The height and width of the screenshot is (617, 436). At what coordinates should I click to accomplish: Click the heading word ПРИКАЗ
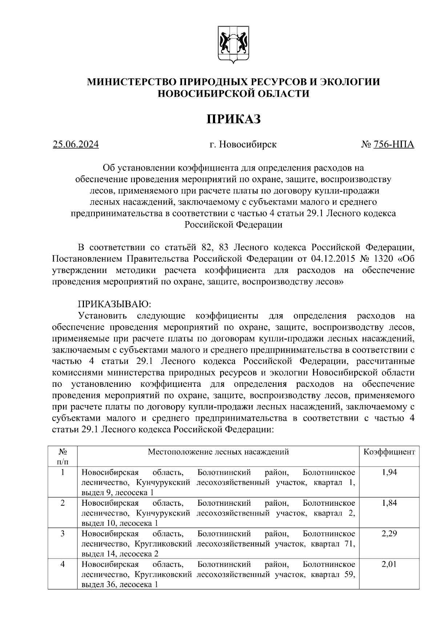[234, 119]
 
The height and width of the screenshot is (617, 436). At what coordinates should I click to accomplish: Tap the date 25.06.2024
[76, 145]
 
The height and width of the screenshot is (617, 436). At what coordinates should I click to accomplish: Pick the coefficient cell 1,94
[389, 472]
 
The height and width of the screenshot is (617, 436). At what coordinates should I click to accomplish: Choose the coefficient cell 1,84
[389, 503]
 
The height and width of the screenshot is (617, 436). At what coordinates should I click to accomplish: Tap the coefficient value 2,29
[389, 534]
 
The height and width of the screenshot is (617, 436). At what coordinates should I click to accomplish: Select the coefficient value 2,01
[389, 565]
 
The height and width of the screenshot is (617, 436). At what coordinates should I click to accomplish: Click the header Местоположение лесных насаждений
[218, 452]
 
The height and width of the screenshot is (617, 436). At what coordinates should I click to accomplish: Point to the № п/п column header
[62, 457]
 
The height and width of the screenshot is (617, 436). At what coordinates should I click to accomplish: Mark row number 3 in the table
[62, 534]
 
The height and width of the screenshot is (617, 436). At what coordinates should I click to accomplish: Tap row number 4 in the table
[62, 565]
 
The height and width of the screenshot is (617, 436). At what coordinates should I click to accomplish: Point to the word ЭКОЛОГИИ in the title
[350, 82]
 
